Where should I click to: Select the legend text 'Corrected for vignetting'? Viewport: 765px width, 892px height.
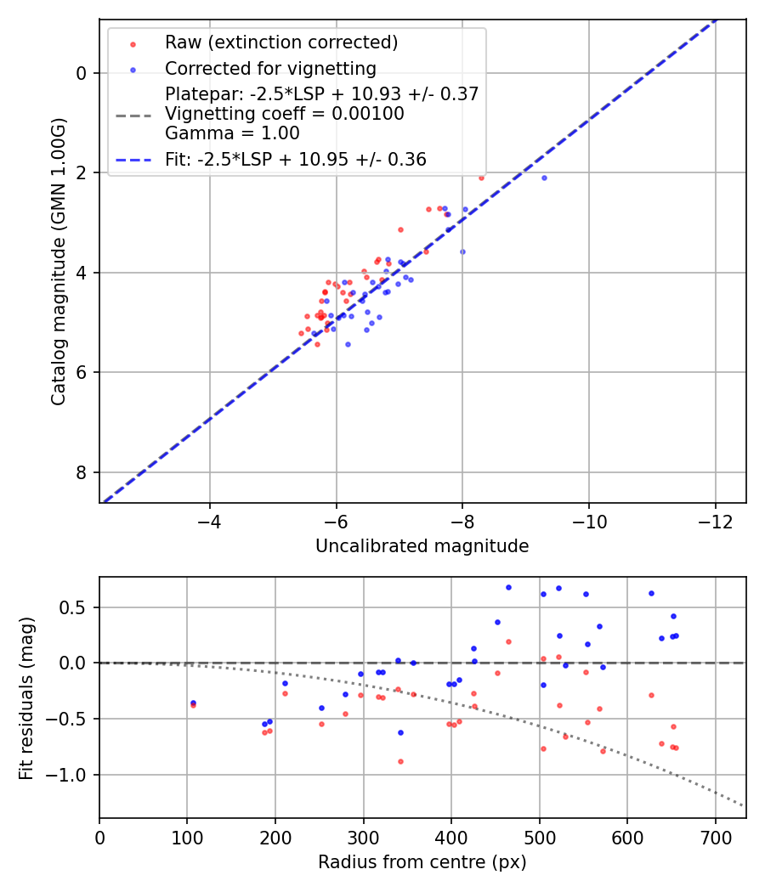pos(270,68)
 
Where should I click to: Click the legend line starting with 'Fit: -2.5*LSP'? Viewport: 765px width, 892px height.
pos(296,159)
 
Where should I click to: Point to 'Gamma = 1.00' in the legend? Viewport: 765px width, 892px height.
pos(232,133)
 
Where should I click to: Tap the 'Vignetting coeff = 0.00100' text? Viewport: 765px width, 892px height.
pos(285,113)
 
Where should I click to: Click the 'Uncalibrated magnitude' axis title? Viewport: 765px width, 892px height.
pos(422,546)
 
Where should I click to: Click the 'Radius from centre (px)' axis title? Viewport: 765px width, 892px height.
pos(422,862)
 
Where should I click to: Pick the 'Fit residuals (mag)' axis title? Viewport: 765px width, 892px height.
pos(26,697)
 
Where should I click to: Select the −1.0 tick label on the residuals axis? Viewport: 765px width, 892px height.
pos(70,775)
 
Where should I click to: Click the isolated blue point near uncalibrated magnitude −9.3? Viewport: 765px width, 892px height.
pos(544,178)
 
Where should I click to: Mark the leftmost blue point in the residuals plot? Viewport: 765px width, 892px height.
pos(193,703)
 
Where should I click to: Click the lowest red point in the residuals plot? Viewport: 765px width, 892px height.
pos(400,761)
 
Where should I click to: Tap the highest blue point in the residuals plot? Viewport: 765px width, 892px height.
pos(508,587)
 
